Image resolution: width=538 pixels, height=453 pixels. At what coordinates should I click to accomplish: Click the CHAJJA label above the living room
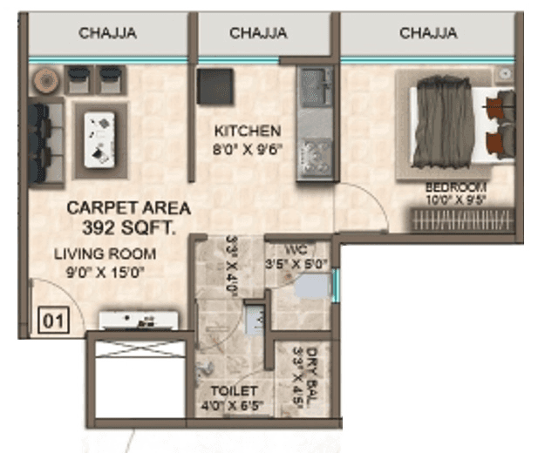point(107,33)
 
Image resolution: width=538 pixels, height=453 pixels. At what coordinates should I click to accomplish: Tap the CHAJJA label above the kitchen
point(258,33)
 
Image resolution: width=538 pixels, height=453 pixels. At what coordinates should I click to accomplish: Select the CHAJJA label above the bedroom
point(428,33)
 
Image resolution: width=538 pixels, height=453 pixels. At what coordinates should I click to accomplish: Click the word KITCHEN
point(248,132)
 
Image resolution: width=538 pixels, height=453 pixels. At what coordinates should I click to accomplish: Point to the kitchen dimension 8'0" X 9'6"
point(248,148)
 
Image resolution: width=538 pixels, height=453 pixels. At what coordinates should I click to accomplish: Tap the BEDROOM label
point(455,187)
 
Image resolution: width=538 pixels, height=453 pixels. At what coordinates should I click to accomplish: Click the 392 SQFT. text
point(128,230)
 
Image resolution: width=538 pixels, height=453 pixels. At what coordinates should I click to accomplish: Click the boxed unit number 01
point(53,321)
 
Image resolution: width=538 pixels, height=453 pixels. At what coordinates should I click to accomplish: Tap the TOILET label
point(234,391)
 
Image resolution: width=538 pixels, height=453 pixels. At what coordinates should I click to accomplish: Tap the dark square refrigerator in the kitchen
point(215,86)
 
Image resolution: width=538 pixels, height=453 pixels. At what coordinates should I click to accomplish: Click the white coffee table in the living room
point(101,139)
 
